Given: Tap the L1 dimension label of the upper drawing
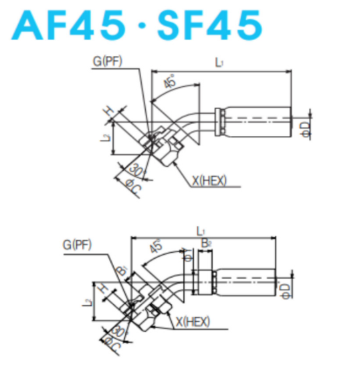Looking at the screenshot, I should [x=219, y=63].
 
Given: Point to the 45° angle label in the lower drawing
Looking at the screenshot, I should [x=156, y=247].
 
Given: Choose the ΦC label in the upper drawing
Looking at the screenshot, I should [x=133, y=187].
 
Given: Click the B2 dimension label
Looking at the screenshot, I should [x=204, y=243].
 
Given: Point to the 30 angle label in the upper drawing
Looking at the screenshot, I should [x=134, y=169].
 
